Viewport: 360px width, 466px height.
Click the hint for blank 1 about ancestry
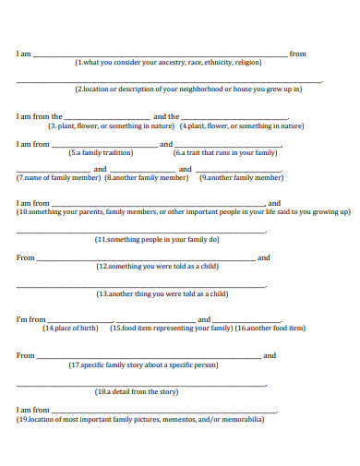(169, 63)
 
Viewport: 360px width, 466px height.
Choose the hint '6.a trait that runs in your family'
(225, 152)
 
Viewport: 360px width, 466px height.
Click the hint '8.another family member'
(137, 177)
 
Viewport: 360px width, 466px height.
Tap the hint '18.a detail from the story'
(143, 391)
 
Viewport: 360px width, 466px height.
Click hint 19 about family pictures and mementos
(140, 419)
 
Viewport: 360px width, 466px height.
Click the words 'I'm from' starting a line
(30, 319)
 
